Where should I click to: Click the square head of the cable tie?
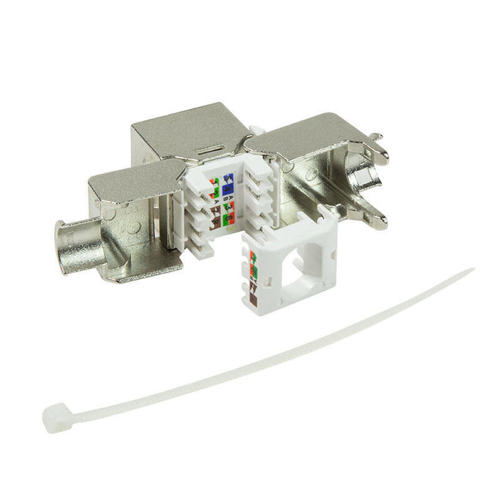pos(53,413)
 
